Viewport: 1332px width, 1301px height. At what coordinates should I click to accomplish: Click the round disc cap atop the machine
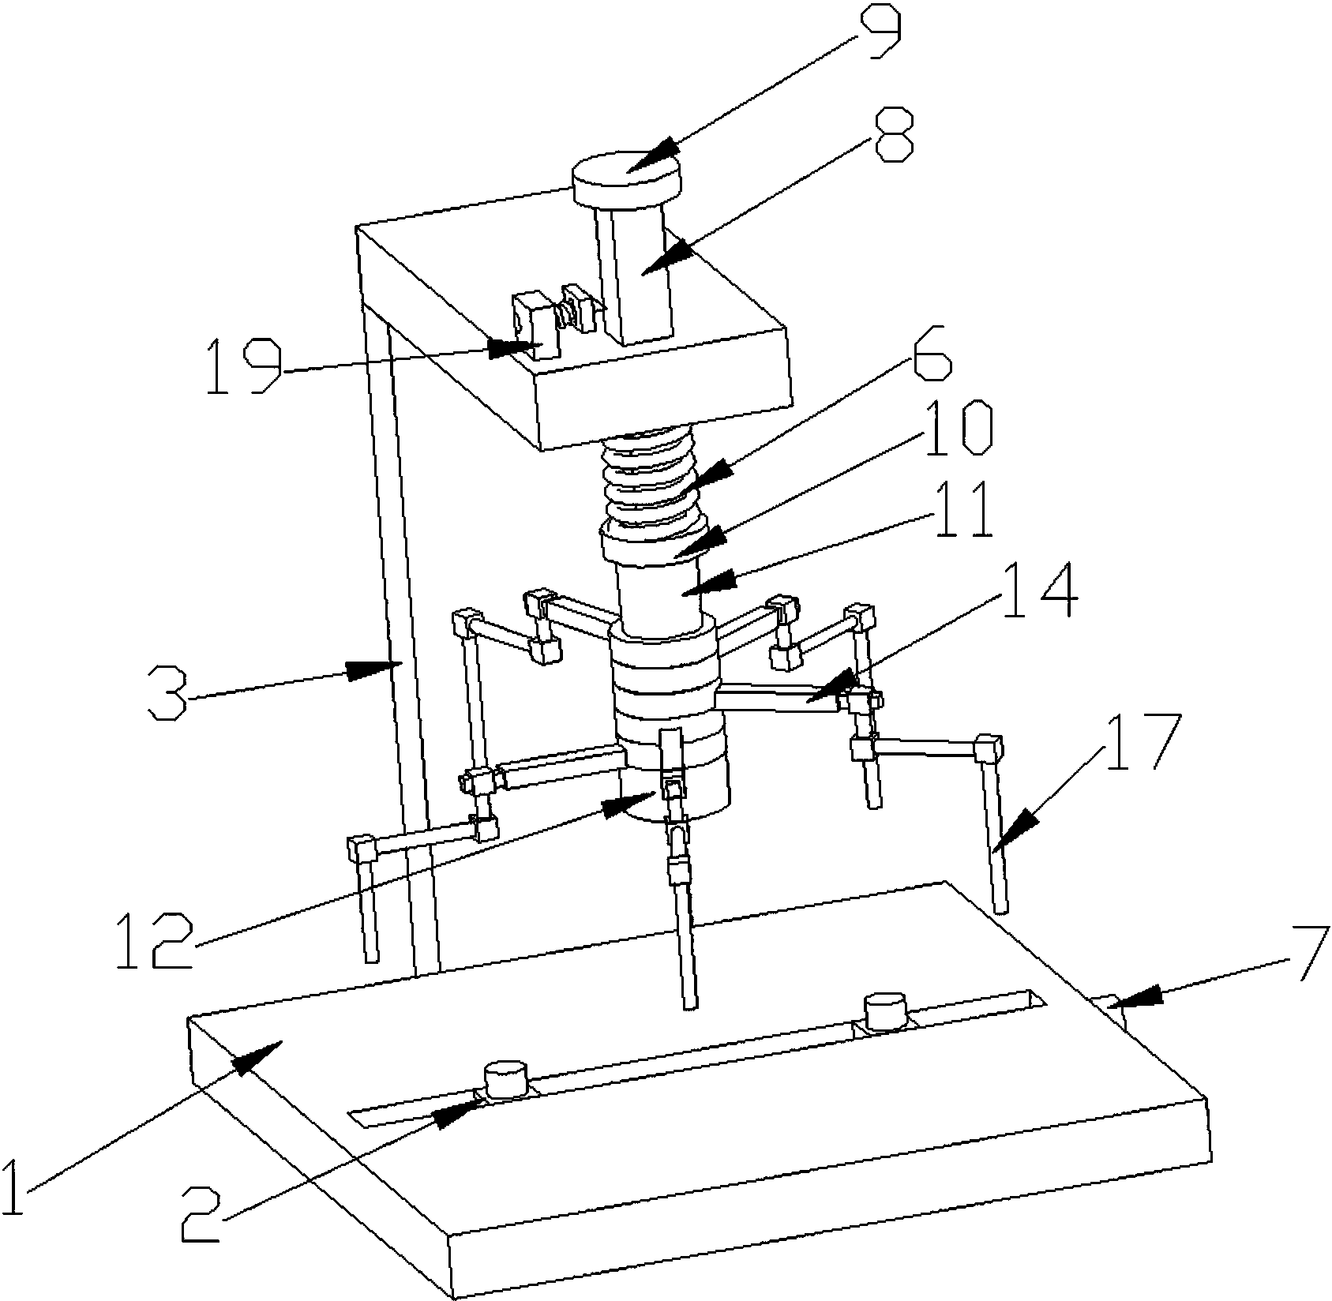(626, 176)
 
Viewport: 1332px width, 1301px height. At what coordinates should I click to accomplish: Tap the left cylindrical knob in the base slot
(505, 1078)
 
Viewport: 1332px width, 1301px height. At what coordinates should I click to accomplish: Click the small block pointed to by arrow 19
(533, 328)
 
